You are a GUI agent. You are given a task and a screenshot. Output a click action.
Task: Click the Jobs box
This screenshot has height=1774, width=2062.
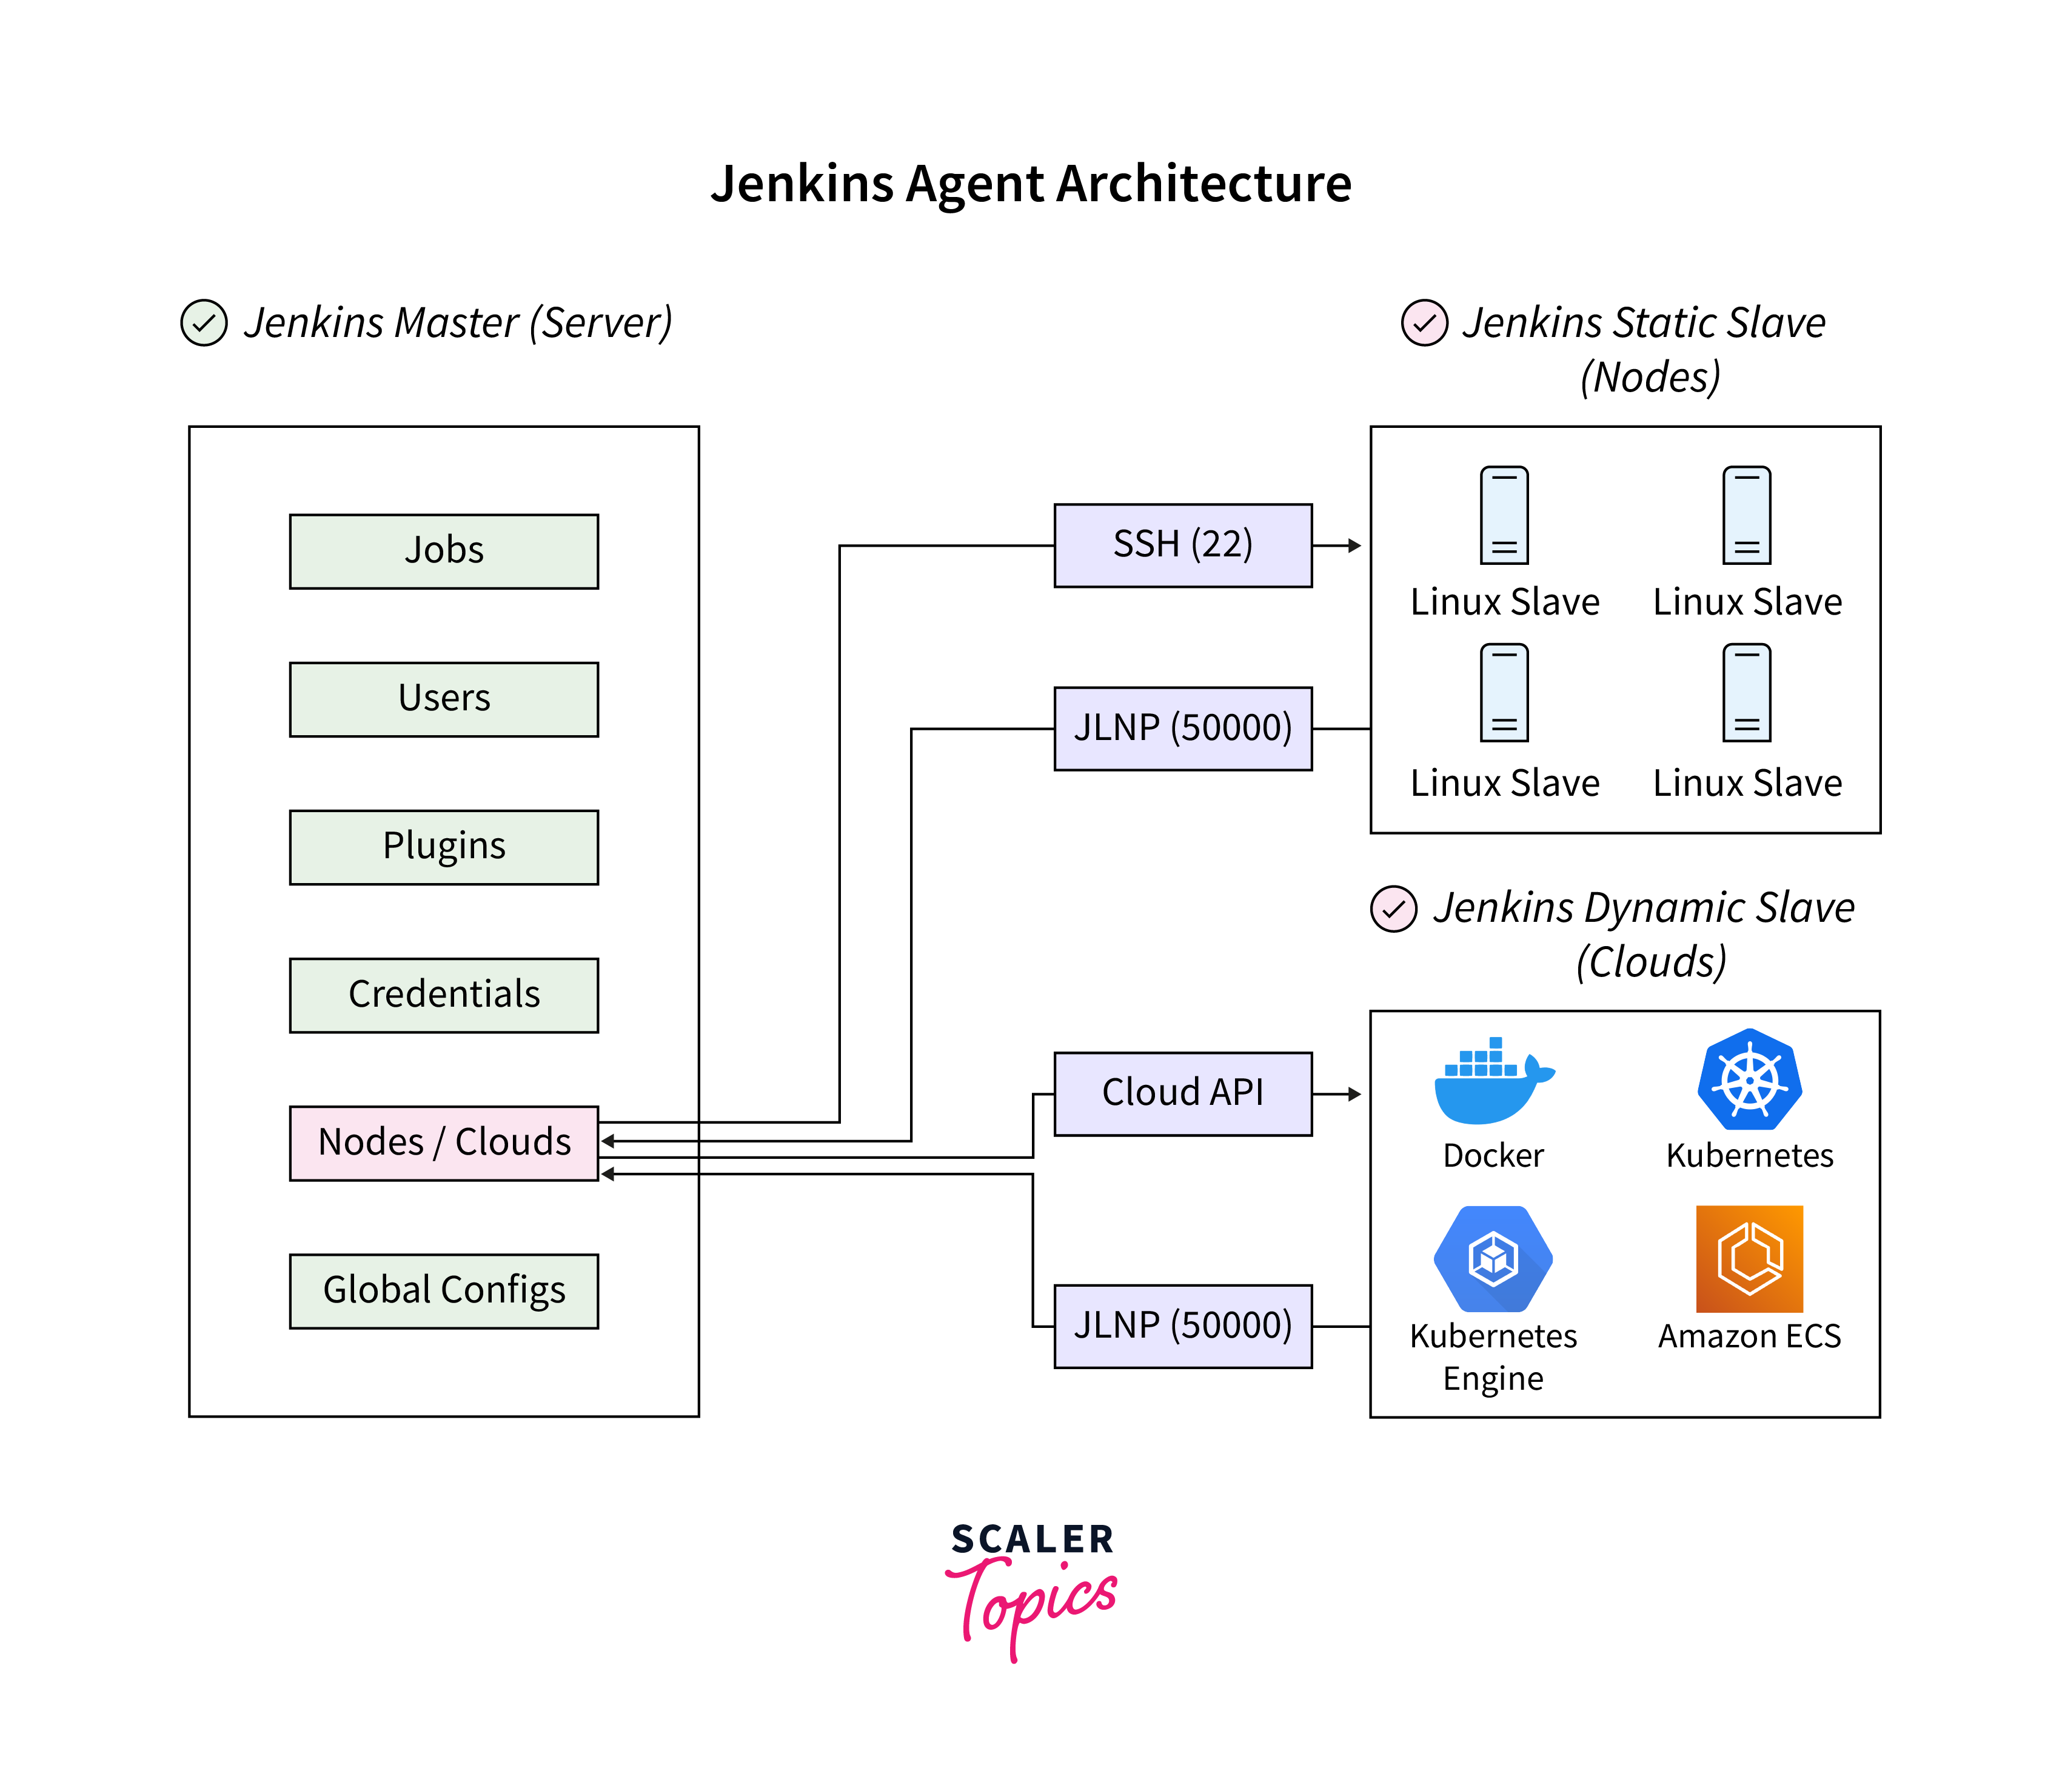tap(444, 551)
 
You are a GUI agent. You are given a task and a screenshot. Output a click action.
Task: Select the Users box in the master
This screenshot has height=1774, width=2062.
tap(444, 698)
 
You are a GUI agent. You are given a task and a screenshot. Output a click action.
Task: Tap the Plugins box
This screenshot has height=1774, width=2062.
tap(444, 847)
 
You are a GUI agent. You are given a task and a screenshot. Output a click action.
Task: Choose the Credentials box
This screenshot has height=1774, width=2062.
tap(444, 995)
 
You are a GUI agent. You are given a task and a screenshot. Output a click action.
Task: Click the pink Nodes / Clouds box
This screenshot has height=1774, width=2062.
tap(444, 1142)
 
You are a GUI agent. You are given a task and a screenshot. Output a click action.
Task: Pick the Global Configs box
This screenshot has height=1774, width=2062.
tap(444, 1290)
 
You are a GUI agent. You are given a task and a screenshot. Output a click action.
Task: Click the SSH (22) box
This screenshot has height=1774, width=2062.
tap(1182, 545)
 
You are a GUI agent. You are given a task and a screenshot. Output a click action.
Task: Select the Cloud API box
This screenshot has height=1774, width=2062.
tap(1182, 1093)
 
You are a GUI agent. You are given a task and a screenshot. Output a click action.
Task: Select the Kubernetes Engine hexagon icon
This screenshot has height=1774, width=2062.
tap(1493, 1259)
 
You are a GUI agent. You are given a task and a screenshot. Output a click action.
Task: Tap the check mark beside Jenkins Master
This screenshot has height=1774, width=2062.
tap(204, 324)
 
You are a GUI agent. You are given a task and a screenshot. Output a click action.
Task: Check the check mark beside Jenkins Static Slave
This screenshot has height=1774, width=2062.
tap(1424, 324)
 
